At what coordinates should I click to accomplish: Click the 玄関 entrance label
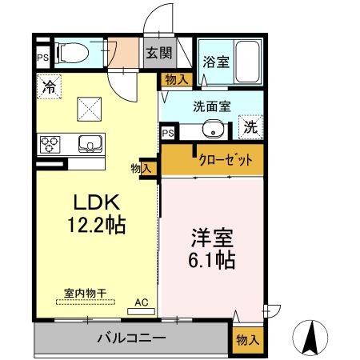158,54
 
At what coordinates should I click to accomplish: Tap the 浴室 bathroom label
215,61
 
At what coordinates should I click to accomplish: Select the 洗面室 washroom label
211,104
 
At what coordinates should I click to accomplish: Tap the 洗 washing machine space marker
250,126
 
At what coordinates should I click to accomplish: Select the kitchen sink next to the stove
89,144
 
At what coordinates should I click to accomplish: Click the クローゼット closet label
226,160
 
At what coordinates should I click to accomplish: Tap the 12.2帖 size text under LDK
95,225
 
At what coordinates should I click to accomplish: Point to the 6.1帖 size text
212,260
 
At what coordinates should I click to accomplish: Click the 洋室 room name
212,238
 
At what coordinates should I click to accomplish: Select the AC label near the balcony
142,302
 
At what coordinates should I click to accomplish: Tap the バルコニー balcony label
132,338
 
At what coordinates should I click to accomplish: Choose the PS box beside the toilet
42,58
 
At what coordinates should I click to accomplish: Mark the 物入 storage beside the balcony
247,339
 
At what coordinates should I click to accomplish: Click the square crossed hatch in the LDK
88,107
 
